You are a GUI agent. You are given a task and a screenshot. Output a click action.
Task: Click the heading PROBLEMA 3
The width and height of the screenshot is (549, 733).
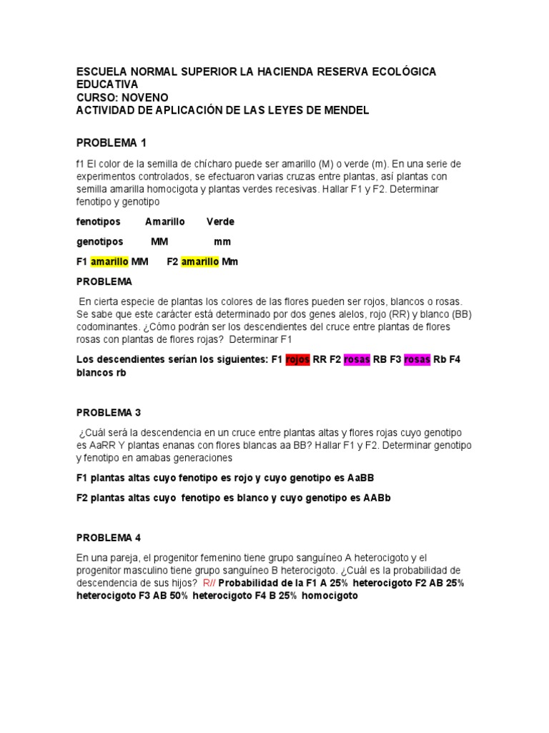point(109,413)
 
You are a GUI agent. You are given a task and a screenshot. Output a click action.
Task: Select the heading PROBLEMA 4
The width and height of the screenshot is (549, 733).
point(109,538)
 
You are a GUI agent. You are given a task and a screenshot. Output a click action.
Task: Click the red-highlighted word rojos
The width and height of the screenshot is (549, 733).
point(297,359)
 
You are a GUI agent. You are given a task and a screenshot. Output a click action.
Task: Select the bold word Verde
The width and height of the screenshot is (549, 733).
point(220,222)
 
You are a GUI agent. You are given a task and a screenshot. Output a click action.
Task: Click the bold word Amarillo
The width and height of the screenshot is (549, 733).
point(165,222)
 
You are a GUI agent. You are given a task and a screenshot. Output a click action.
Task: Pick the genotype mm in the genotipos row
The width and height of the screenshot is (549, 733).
point(222,242)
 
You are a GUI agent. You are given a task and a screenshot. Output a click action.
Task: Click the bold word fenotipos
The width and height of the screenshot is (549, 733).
point(99,222)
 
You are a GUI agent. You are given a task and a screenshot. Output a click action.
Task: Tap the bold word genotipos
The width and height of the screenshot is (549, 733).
point(99,242)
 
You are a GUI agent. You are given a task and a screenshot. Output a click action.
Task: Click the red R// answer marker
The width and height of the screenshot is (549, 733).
point(209,583)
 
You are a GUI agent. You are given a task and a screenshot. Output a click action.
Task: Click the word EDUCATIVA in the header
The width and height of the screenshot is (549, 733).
point(107,84)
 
